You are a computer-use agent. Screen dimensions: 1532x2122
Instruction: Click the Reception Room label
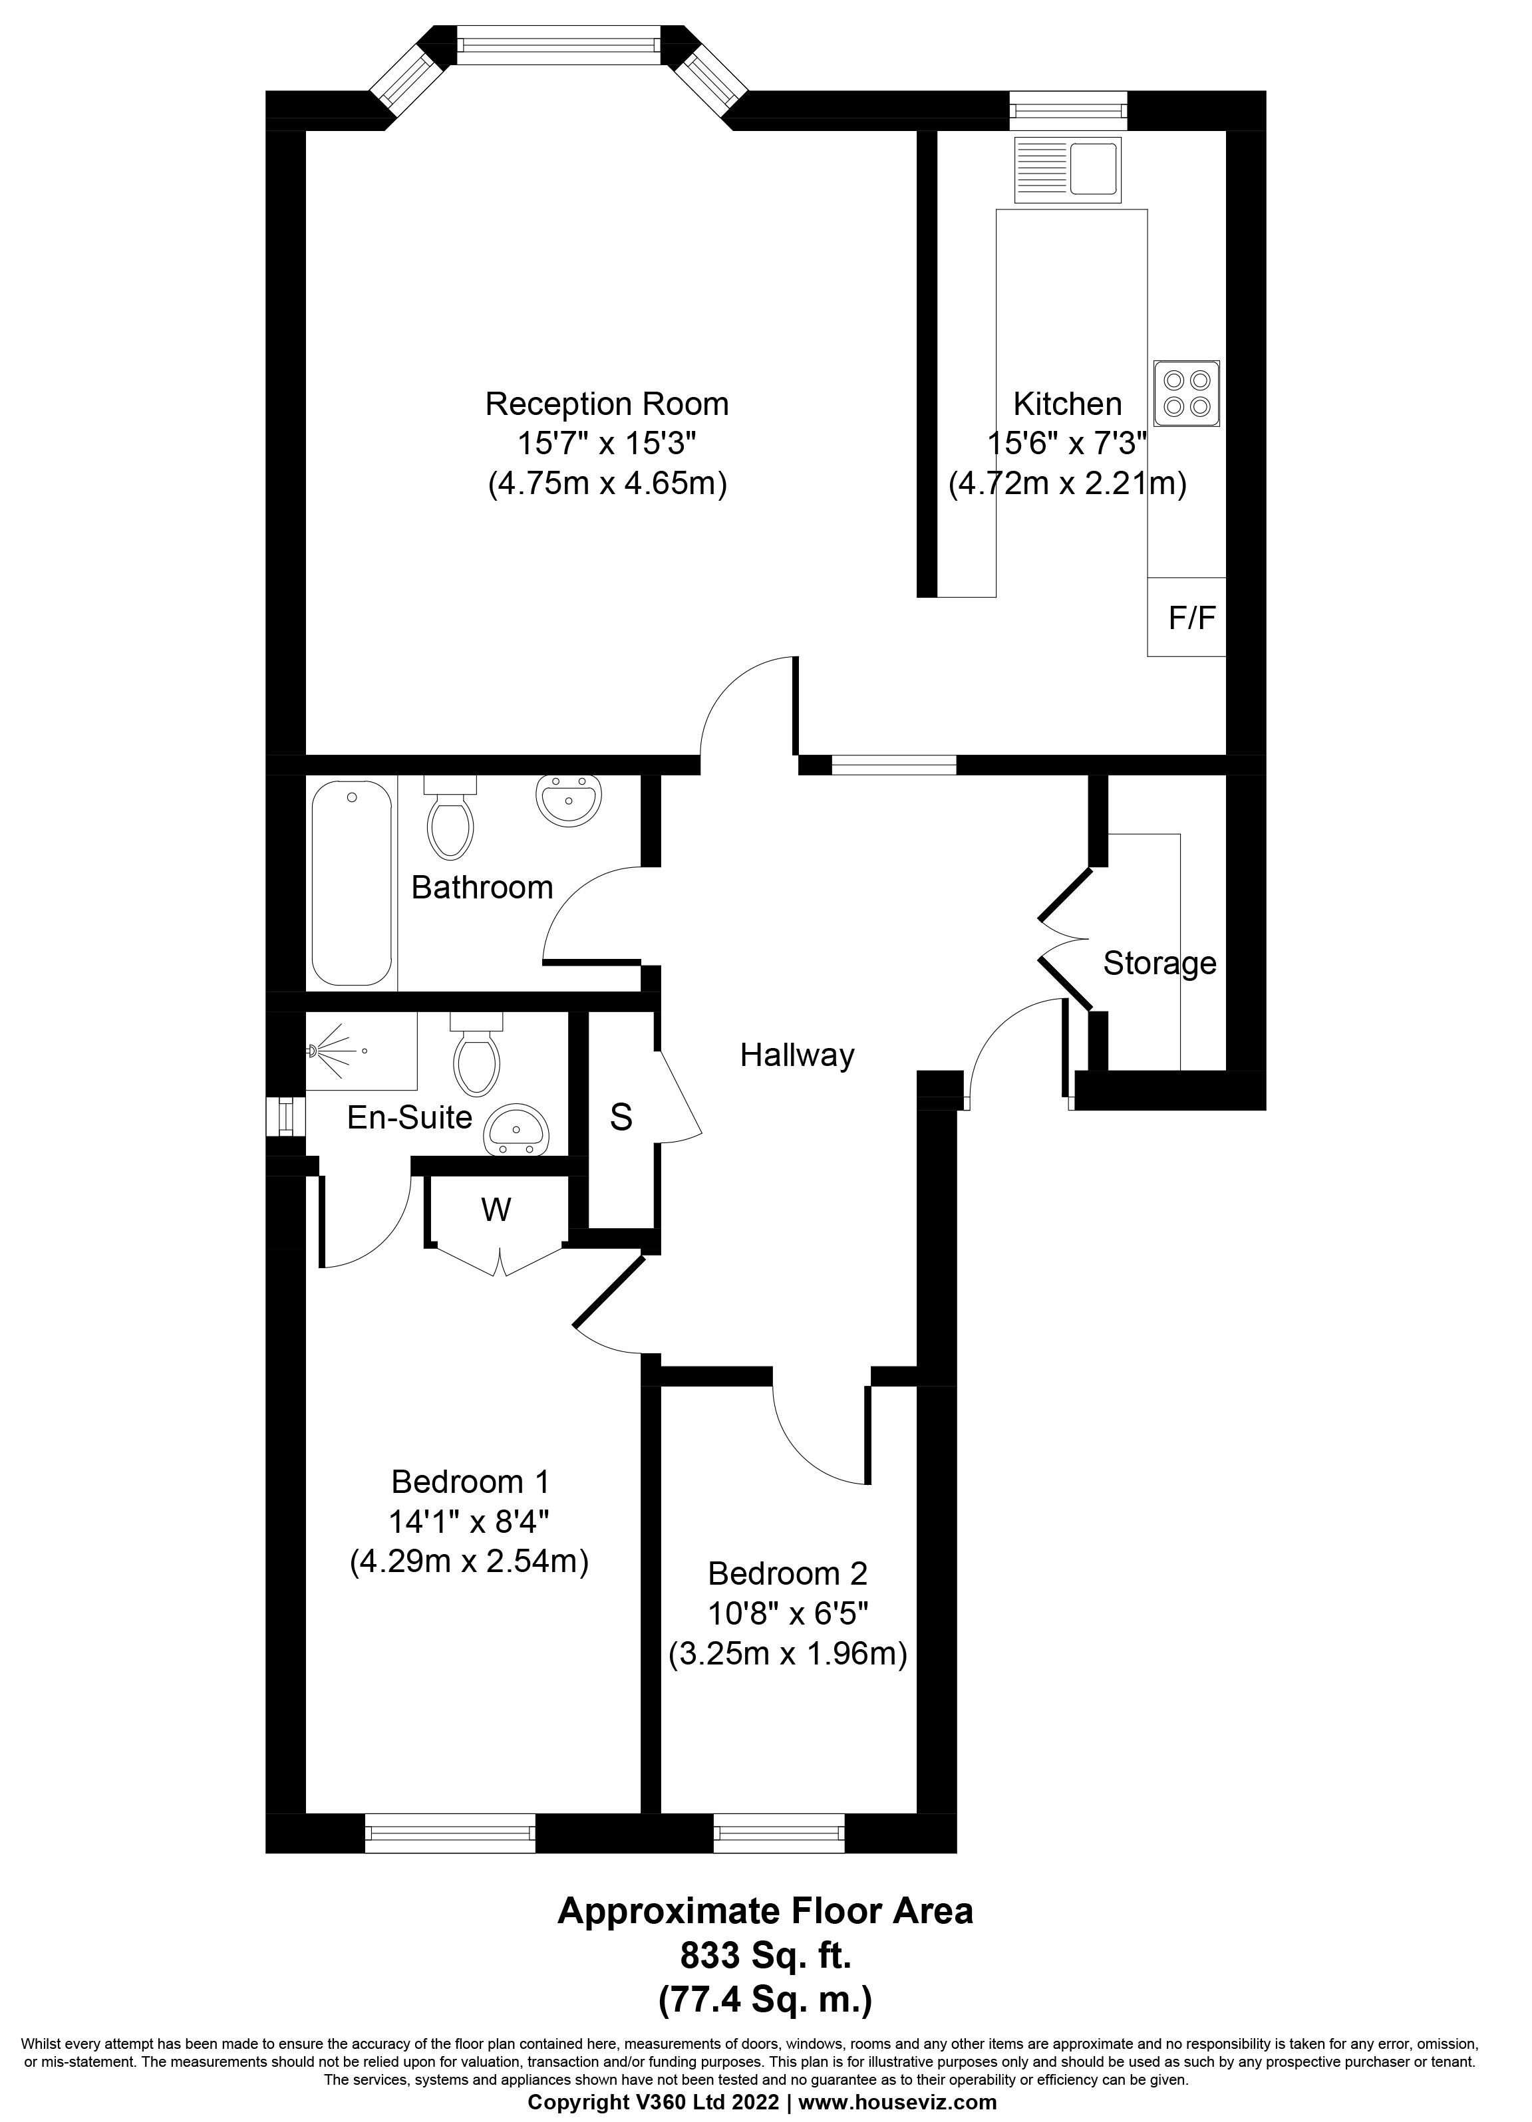click(x=607, y=404)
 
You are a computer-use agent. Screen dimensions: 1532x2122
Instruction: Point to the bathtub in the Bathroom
click(x=352, y=883)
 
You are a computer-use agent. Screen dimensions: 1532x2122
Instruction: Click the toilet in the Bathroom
click(x=451, y=815)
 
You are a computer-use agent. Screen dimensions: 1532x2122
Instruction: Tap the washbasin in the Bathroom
click(x=568, y=800)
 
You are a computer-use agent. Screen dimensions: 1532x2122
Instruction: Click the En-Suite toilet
click(x=476, y=1053)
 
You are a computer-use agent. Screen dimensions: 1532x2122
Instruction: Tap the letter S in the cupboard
click(x=621, y=1117)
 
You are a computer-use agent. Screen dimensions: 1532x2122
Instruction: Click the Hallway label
click(x=798, y=1055)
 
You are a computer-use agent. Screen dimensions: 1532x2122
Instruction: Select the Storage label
click(x=1159, y=963)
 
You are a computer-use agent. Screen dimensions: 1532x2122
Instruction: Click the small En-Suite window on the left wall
click(x=285, y=1117)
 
